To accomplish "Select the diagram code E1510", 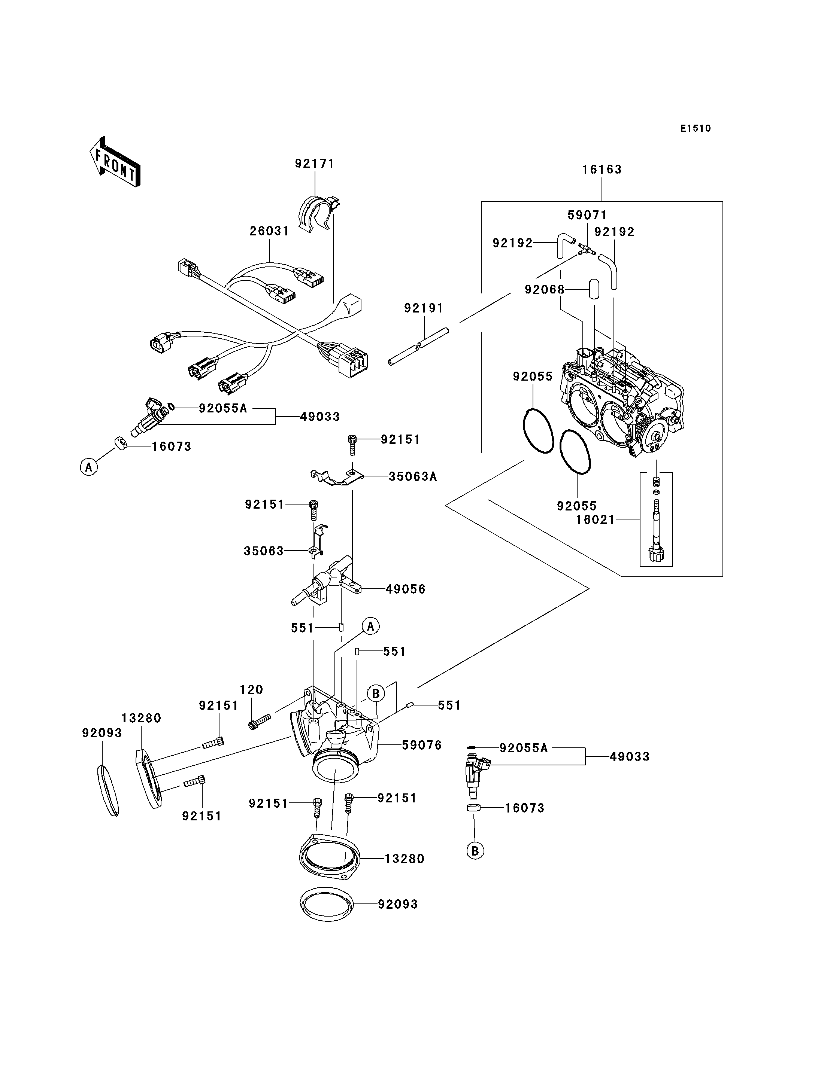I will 696,128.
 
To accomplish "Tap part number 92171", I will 315,164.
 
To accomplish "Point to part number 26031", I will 269,231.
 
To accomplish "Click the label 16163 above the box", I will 602,170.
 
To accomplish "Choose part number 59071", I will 587,215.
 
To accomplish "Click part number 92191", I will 424,308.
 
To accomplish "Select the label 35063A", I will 412,476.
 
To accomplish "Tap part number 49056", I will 406,589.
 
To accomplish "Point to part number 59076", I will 422,745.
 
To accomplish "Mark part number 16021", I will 595,519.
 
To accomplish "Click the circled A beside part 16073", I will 89,467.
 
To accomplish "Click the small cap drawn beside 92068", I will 594,289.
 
